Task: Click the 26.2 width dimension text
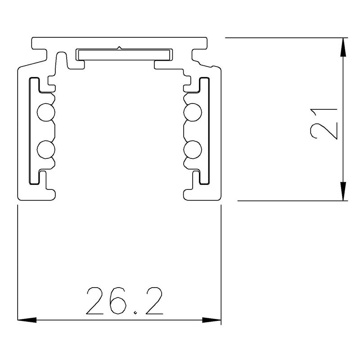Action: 124,300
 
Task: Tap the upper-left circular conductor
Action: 45,112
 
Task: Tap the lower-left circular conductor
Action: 45,149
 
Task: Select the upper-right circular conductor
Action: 193,112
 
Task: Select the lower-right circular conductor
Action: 193,149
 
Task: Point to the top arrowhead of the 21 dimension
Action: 343,45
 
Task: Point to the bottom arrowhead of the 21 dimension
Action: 343,193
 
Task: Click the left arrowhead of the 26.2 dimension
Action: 25,320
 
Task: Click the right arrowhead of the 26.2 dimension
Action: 213,320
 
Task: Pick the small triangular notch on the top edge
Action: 119,46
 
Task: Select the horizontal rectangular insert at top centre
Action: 124,54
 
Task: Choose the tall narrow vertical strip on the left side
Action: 32,130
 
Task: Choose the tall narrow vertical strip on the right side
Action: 205,130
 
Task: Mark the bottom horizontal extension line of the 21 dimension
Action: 292,200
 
